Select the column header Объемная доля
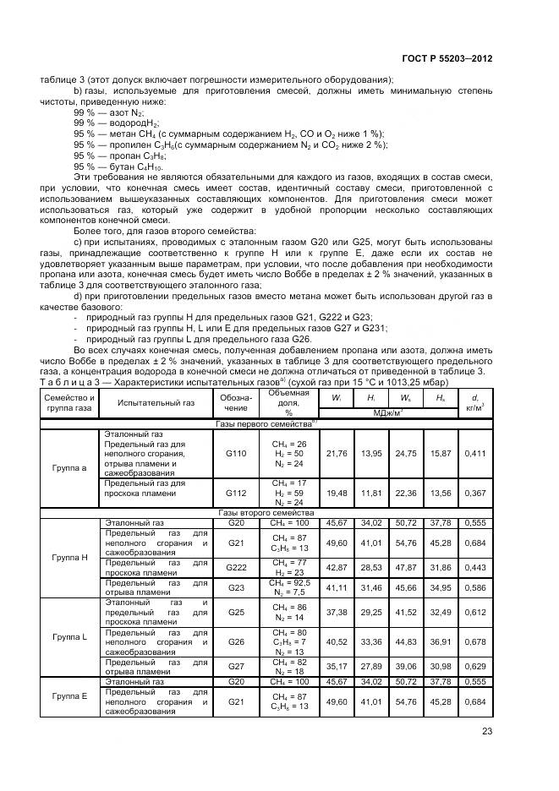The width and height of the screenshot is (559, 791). click(x=288, y=398)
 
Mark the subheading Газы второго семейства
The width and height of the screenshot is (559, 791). click(x=266, y=513)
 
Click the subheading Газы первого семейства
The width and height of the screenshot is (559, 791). click(x=266, y=423)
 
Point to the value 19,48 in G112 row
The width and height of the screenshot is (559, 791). click(x=337, y=492)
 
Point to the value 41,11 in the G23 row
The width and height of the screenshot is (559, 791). click(x=337, y=586)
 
